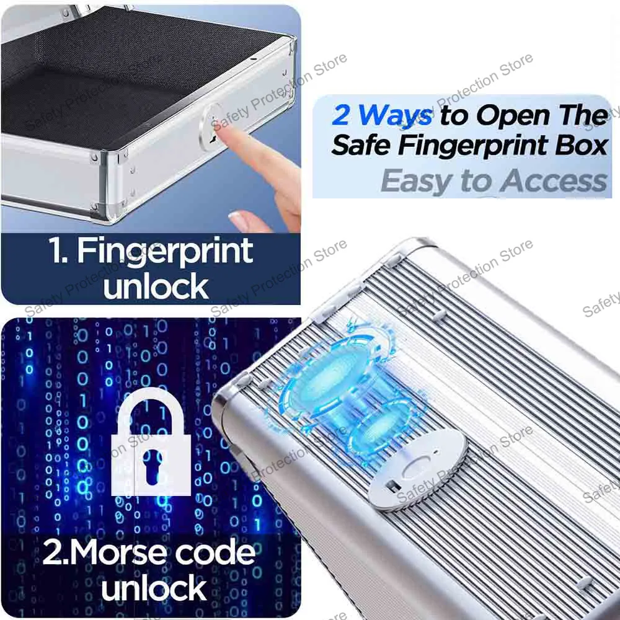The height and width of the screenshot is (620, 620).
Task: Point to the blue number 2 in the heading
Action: point(341,115)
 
